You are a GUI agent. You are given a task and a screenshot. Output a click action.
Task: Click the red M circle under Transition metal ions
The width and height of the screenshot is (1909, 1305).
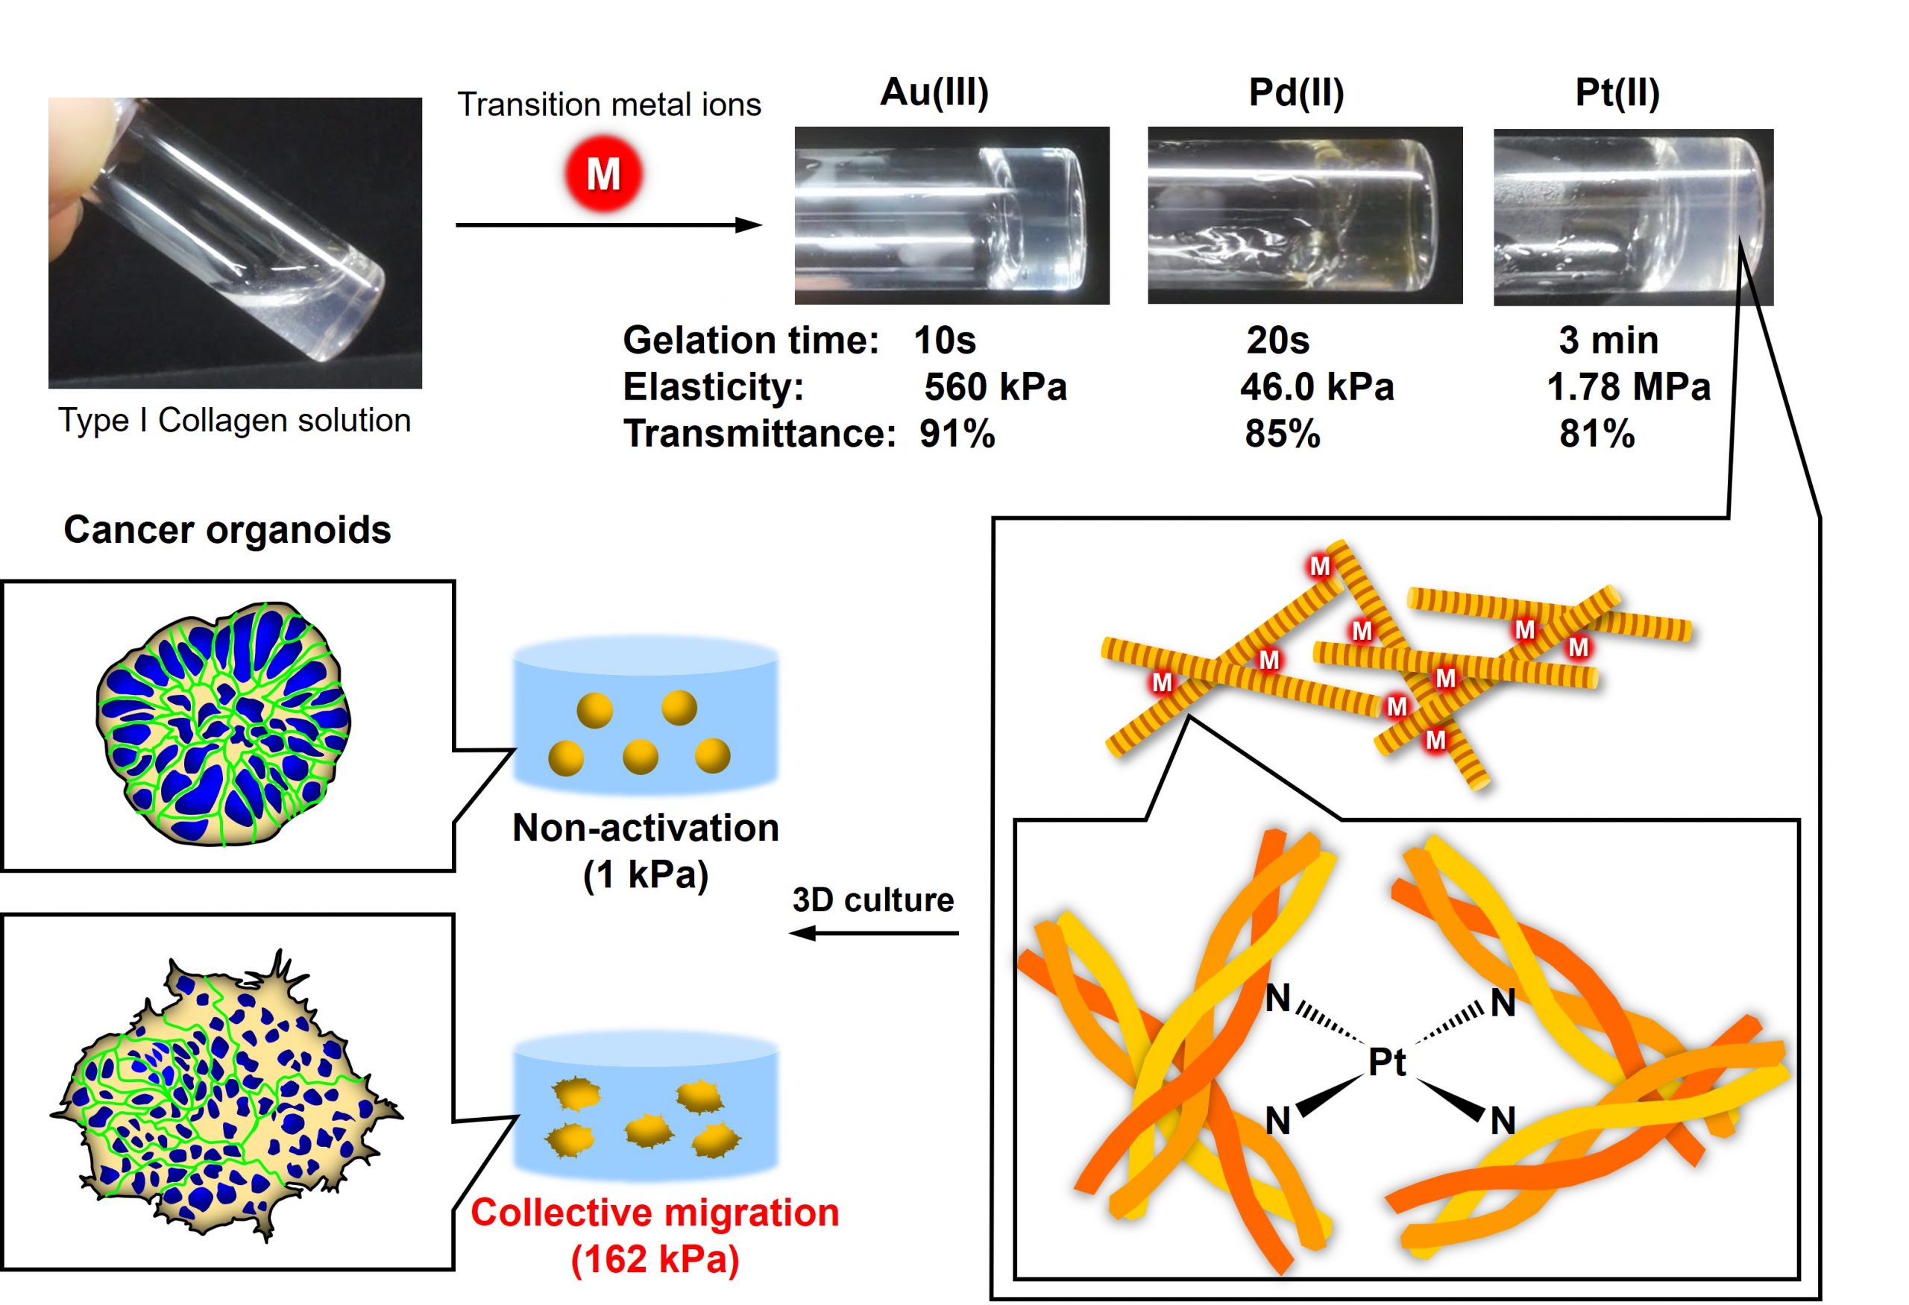(x=603, y=173)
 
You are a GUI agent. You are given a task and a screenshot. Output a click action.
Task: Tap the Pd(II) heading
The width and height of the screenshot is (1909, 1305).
(x=1295, y=92)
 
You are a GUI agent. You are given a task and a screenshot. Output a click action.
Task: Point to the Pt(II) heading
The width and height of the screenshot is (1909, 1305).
(x=1617, y=92)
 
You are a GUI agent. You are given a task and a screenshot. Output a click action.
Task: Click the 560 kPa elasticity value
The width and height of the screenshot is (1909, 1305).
(x=995, y=387)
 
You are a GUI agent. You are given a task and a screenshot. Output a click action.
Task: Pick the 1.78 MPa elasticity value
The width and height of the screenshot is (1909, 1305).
(x=1627, y=387)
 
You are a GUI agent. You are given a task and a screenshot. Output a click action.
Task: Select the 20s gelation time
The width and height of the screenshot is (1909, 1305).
(x=1277, y=340)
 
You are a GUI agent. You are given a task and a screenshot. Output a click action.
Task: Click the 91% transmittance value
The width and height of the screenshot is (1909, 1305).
(x=957, y=433)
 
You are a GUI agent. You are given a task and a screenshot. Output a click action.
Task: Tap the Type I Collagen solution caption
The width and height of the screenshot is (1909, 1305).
(x=234, y=421)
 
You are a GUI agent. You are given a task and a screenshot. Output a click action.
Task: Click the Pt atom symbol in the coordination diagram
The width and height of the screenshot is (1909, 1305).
(x=1386, y=1063)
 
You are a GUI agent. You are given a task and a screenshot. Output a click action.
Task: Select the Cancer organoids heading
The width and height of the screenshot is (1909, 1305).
(x=227, y=529)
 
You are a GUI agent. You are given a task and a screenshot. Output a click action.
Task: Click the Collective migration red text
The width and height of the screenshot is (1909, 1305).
(x=655, y=1213)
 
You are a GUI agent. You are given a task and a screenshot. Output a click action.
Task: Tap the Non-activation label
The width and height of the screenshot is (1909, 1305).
(x=646, y=828)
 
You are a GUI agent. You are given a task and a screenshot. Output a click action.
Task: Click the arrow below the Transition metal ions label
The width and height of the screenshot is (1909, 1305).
(x=608, y=224)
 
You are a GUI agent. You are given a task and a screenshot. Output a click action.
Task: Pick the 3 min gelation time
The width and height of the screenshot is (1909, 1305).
(x=1608, y=340)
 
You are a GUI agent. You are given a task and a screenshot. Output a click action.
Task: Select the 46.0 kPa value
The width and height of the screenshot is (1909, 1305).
(x=1317, y=387)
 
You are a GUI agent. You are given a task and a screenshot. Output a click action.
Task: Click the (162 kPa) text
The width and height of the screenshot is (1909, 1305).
(x=655, y=1259)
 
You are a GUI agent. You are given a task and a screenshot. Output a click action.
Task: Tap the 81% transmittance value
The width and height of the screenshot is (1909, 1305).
(x=1597, y=433)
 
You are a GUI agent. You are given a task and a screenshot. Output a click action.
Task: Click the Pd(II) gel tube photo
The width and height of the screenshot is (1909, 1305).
(x=1304, y=216)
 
